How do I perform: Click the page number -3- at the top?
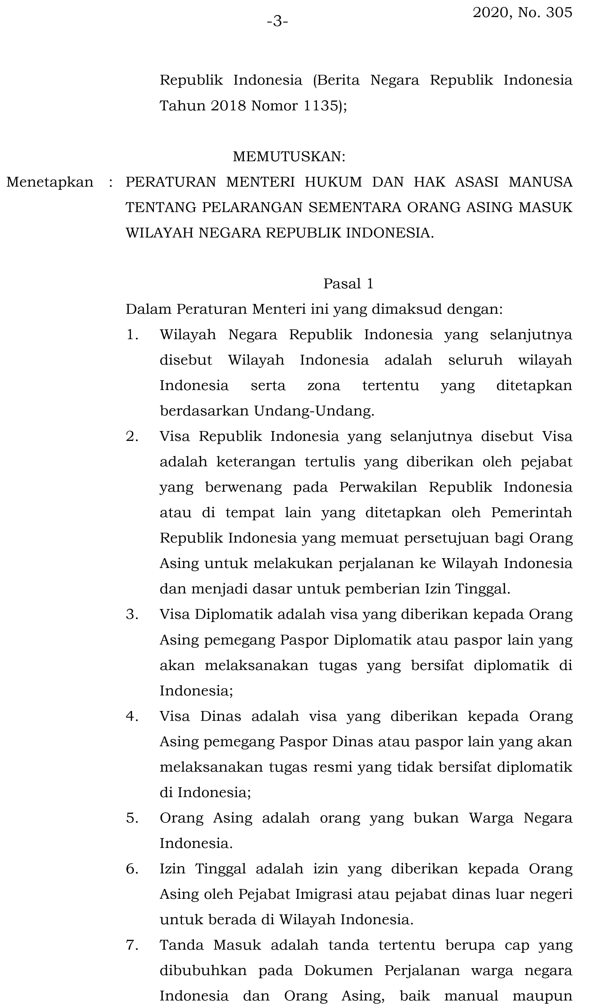tap(277, 21)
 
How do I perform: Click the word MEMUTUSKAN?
tap(289, 157)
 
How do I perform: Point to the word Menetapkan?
tap(50, 182)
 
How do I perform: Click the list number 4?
tap(132, 716)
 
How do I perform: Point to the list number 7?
tap(132, 945)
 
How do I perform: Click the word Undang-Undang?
tap(314, 411)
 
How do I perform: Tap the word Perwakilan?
tap(378, 487)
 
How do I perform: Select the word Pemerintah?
tap(532, 512)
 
